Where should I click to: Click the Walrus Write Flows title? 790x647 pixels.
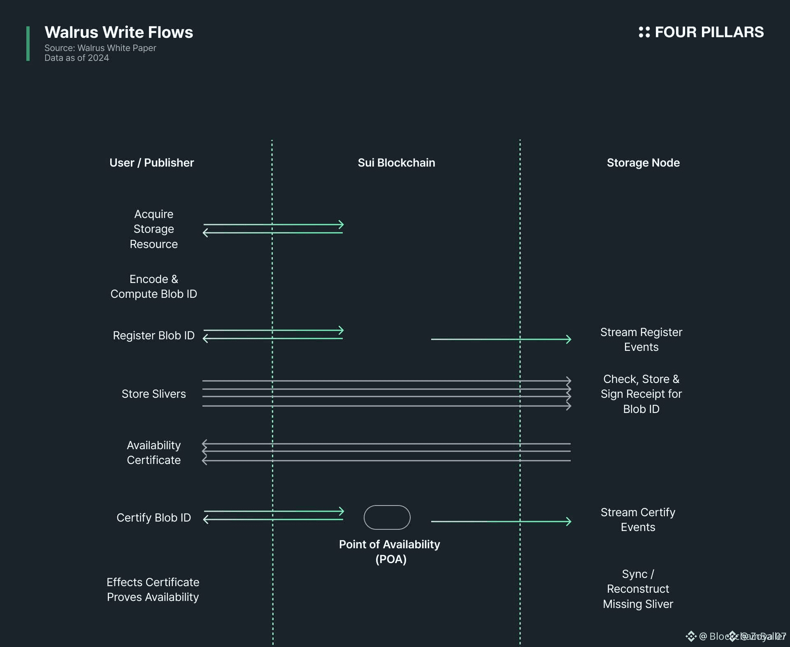(118, 32)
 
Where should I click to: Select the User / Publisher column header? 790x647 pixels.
(151, 163)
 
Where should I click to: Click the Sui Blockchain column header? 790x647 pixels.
(396, 163)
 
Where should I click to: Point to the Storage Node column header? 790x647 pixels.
(643, 163)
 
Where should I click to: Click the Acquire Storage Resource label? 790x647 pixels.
(153, 229)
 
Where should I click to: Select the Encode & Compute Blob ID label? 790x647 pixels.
(153, 287)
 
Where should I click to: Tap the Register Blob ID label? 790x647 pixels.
(153, 336)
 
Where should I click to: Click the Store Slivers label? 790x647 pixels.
(153, 394)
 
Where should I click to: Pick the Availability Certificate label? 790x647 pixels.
(153, 452)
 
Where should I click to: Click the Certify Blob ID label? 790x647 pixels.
(153, 517)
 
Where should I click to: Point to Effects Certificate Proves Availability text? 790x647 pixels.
(153, 590)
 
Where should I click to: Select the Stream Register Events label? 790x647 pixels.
(641, 339)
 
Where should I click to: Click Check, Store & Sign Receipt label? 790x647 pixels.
(641, 394)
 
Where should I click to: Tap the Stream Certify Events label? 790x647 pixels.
(638, 520)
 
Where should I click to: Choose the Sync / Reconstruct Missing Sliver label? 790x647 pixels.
(638, 589)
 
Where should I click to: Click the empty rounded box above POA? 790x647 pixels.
(387, 517)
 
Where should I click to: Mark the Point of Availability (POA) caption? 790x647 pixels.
(389, 552)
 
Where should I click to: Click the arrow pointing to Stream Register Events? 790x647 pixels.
(501, 339)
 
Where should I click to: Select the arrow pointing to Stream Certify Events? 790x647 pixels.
(501, 522)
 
